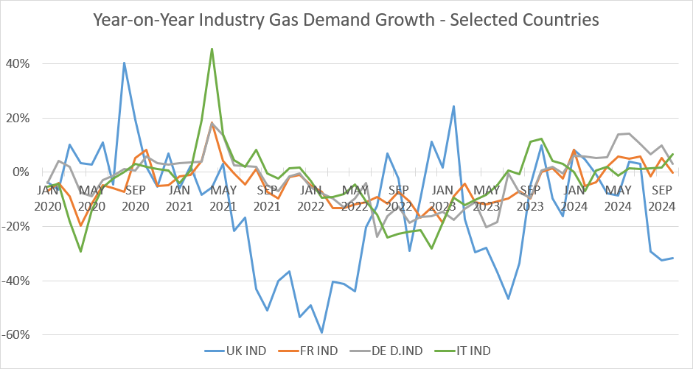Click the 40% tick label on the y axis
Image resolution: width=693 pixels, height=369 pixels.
click(18, 64)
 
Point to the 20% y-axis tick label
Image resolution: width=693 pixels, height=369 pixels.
click(18, 118)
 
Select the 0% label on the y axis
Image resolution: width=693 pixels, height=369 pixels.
click(21, 172)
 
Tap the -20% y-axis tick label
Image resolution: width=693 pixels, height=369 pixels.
click(16, 227)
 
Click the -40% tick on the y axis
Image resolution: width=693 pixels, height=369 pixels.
click(16, 281)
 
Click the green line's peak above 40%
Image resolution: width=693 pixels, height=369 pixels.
click(212, 49)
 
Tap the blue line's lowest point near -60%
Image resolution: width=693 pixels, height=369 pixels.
click(321, 332)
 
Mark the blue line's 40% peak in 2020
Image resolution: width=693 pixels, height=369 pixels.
click(124, 63)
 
